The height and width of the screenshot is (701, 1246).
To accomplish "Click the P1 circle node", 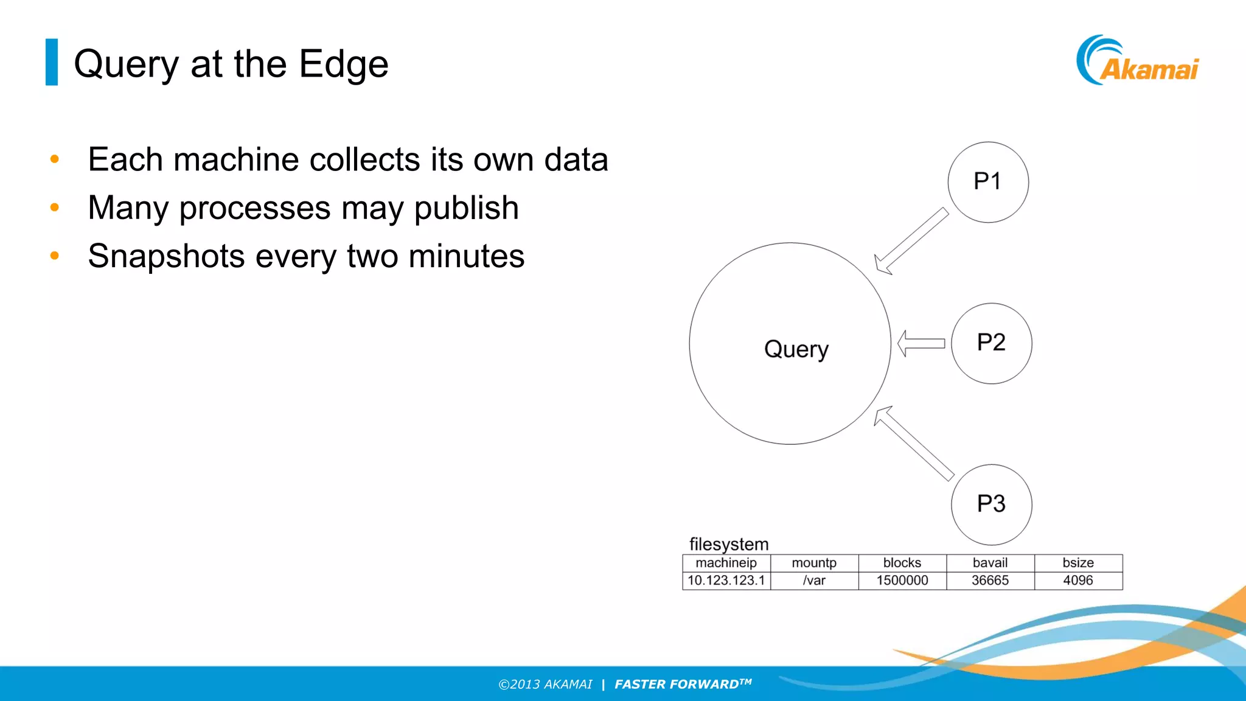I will pyautogui.click(x=987, y=182).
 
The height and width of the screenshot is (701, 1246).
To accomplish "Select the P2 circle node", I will pyautogui.click(x=991, y=343).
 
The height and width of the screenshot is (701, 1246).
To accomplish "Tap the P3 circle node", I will pyautogui.click(x=991, y=504).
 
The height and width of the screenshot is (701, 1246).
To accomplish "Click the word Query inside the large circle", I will pyautogui.click(x=796, y=349).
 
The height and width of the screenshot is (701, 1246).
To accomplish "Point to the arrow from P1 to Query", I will pyautogui.click(x=911, y=242).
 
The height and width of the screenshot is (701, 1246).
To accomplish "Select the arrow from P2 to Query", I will pyautogui.click(x=921, y=344).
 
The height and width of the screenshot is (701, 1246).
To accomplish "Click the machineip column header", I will pyautogui.click(x=726, y=563).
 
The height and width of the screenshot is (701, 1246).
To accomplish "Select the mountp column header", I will pyautogui.click(x=814, y=563).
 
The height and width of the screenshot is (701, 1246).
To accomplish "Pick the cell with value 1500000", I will pyautogui.click(x=902, y=581).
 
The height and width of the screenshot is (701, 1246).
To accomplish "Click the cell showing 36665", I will pyautogui.click(x=990, y=581).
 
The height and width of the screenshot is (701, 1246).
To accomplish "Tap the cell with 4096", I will pyautogui.click(x=1077, y=581).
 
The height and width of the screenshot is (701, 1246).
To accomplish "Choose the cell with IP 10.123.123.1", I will pyautogui.click(x=726, y=581).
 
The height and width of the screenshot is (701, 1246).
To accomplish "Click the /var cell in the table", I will pyautogui.click(x=814, y=581).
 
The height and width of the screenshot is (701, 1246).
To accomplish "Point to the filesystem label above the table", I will pyautogui.click(x=728, y=544).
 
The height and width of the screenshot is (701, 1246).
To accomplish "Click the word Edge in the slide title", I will pyautogui.click(x=343, y=65).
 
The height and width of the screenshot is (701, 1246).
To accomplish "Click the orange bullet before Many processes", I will pyautogui.click(x=55, y=208).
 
